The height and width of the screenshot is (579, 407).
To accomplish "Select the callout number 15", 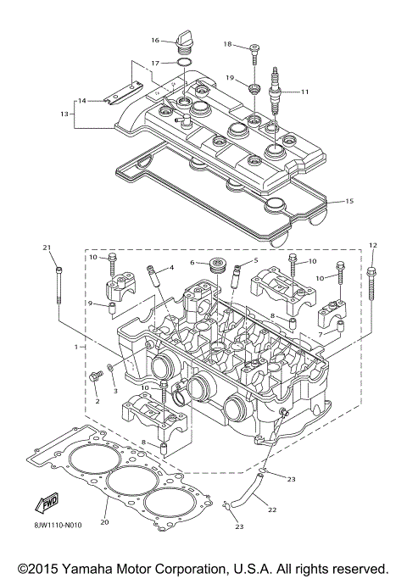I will tap(348, 202).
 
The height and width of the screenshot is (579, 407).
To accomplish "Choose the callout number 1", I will tap(76, 347).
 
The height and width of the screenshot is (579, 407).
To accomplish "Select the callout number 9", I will tap(89, 303).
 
